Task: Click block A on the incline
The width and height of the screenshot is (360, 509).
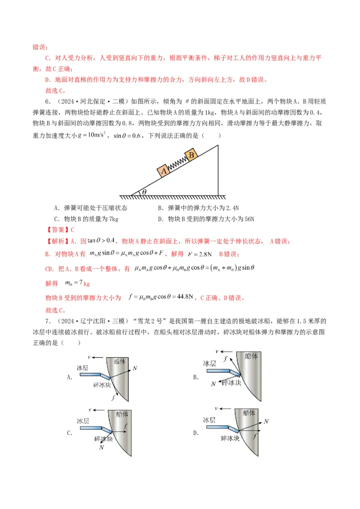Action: [163, 170]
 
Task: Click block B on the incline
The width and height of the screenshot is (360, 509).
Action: [191, 155]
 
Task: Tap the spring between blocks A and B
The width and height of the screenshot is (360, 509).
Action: [177, 162]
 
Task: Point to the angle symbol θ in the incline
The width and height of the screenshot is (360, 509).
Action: [144, 192]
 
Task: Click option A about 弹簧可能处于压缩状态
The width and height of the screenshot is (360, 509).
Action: [90, 208]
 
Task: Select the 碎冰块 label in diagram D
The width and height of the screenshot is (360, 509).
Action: [230, 438]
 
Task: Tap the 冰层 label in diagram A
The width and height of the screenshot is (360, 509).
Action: [83, 368]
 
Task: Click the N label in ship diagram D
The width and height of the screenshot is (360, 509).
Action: [266, 421]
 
